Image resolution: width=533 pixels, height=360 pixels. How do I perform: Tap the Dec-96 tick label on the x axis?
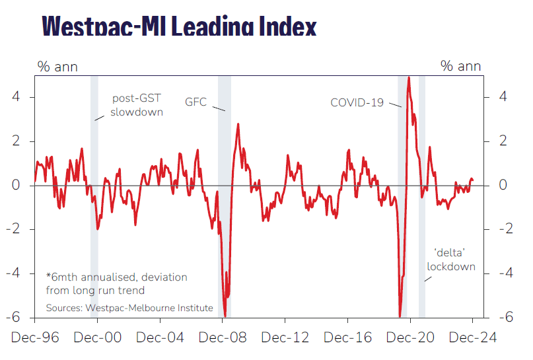[35, 338]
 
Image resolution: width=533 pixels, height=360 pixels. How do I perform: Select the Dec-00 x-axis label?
[98, 338]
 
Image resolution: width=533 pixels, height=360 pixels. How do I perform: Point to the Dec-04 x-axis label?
[160, 338]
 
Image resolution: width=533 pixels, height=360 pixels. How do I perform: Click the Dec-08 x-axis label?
[223, 338]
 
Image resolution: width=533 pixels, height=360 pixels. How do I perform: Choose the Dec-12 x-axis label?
[285, 338]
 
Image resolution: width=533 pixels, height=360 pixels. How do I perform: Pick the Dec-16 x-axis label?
[348, 338]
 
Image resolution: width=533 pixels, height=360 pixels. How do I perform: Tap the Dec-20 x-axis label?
[410, 338]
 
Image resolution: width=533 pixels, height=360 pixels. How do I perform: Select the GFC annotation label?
[196, 102]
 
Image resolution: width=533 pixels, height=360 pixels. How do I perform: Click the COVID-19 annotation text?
[357, 102]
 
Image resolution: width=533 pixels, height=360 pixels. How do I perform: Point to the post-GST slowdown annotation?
[137, 105]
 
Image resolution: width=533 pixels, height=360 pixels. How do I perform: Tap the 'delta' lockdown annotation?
[451, 260]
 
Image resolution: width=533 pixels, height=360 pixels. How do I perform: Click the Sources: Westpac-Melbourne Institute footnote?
[129, 308]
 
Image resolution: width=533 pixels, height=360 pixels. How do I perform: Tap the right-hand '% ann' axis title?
[461, 66]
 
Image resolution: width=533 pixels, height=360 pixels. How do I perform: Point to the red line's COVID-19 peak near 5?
[409, 78]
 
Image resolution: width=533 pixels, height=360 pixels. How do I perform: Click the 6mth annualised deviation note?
[116, 283]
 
